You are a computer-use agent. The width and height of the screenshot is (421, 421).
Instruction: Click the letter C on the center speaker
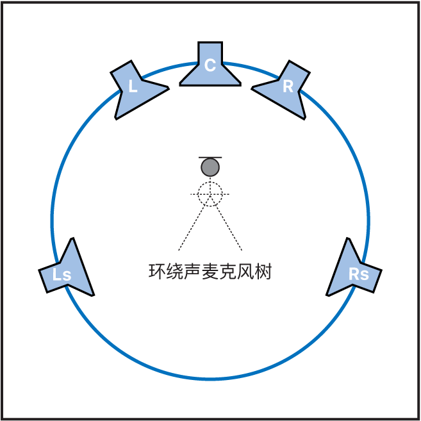(210, 65)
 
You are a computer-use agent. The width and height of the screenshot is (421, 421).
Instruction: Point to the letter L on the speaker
(133, 87)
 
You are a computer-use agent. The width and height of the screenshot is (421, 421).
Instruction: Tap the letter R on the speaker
(288, 87)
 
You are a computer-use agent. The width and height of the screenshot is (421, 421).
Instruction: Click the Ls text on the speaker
(62, 275)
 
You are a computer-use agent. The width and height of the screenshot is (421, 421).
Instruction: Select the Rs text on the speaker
(359, 274)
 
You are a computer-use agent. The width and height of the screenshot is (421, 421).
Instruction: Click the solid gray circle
(210, 168)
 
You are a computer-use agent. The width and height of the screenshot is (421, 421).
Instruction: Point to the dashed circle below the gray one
(210, 194)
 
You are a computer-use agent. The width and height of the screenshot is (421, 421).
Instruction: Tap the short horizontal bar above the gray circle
(210, 157)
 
